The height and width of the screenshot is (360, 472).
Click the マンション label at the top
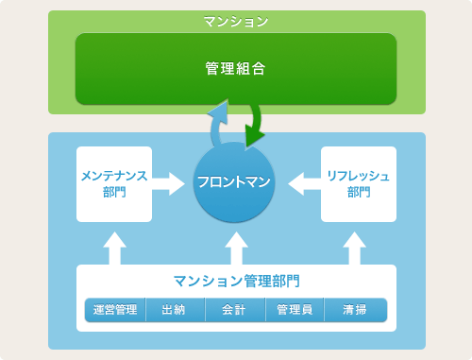236,20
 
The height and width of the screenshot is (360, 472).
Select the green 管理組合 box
236,69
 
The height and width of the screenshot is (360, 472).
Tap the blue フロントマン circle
234,182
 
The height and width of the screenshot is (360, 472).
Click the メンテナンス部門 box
113,183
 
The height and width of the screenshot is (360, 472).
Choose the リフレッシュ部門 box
358,183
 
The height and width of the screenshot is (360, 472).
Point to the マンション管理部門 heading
236,281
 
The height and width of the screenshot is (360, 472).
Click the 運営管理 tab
115,310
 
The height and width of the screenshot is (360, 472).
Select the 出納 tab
175,310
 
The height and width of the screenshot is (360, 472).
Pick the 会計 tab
235,310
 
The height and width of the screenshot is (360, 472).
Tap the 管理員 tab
295,310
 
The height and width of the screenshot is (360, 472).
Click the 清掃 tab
356,310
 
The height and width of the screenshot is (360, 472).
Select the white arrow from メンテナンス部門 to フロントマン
170,182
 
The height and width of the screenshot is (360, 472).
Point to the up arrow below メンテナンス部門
113,248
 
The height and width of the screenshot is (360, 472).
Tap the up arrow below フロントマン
236,248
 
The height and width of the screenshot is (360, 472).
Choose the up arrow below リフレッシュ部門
355,248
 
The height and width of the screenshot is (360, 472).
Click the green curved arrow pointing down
255,128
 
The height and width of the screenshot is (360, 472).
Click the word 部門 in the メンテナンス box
113,192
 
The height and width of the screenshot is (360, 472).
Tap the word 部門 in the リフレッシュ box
358,192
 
